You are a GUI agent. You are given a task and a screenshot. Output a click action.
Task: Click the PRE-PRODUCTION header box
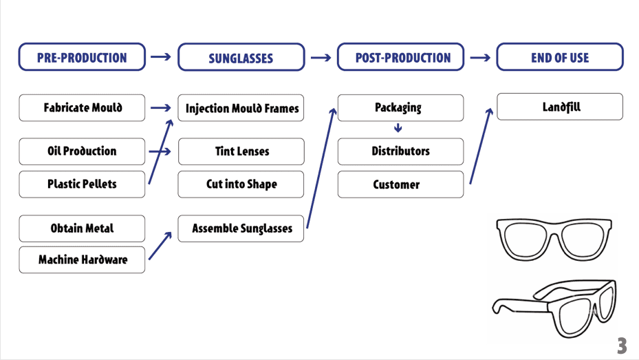pos(82,57)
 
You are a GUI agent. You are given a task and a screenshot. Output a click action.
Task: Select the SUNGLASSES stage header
pos(241,58)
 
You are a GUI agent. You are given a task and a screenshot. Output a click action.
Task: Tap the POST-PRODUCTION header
pos(400,57)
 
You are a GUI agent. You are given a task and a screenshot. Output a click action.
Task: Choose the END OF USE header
pos(559,57)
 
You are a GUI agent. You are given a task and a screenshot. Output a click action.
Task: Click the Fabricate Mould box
pos(82,108)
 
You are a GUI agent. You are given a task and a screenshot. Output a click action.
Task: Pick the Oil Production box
pos(82,151)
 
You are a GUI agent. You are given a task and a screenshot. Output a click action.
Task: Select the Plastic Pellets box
pos(82,184)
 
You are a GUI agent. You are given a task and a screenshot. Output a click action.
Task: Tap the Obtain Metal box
pos(82,229)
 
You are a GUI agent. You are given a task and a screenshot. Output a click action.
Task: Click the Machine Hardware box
pos(82,260)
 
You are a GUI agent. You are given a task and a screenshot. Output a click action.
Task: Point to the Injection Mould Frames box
pos(241,109)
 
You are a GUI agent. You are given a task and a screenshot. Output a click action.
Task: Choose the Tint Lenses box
pos(241,151)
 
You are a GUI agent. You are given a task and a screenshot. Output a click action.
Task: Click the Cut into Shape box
pos(241,184)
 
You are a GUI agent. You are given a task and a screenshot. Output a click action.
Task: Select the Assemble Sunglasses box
pos(241,229)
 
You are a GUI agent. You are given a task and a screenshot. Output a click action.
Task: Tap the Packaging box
pos(400,108)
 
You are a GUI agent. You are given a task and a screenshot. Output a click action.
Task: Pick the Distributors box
pos(400,151)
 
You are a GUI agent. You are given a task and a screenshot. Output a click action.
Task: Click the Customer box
pos(400,184)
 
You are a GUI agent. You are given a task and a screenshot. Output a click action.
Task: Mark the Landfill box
pos(559,107)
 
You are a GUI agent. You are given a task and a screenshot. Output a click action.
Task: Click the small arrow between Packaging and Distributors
pos(398,129)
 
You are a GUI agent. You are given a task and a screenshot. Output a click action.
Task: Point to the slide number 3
pos(622,346)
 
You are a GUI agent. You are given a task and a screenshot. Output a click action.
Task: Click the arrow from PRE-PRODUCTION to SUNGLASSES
pos(161,57)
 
